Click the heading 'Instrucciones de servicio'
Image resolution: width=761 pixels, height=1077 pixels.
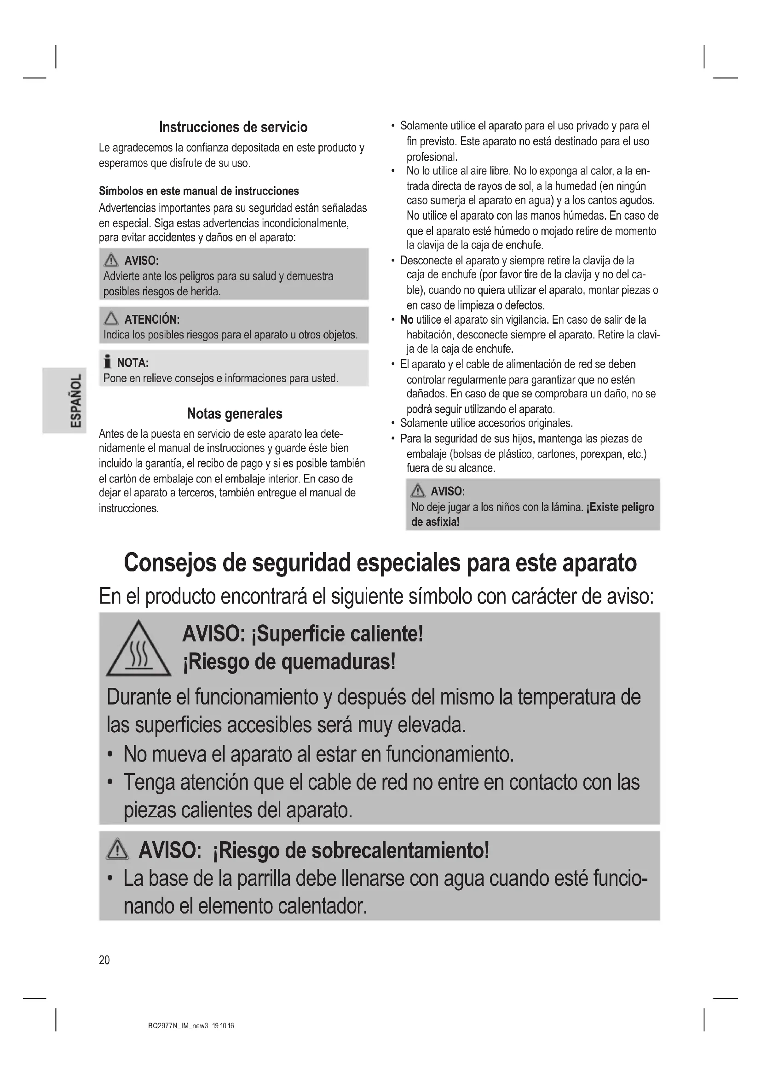[233, 127]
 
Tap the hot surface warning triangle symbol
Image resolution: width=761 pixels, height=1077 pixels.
[138, 649]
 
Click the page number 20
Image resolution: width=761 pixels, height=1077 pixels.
[104, 960]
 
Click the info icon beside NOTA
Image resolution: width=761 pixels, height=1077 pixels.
[108, 362]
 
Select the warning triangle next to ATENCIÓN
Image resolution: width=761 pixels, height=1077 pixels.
[111, 319]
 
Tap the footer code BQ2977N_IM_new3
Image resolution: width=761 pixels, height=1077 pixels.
[178, 1025]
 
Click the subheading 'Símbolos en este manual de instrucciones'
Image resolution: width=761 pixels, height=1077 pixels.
[199, 192]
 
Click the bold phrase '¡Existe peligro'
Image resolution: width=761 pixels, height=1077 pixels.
[620, 507]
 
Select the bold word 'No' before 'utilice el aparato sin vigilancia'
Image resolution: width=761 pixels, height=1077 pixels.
[407, 320]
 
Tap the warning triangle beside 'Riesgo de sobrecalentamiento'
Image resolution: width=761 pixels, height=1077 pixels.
[117, 850]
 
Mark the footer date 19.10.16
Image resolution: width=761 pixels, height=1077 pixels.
[223, 1025]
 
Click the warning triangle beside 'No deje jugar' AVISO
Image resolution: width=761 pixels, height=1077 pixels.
[417, 491]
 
